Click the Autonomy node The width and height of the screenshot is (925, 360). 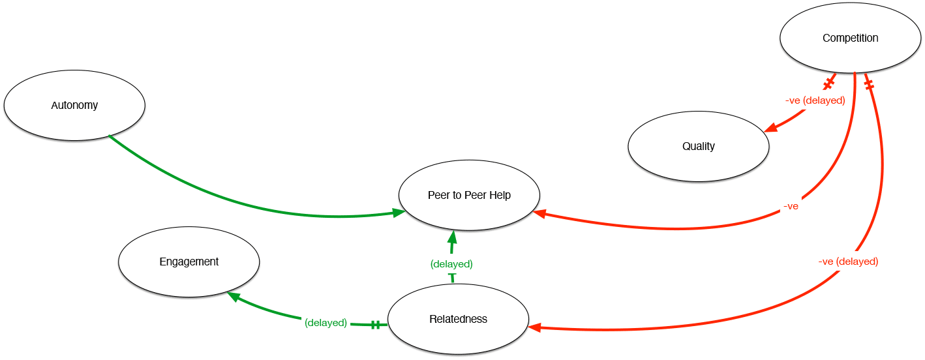pos(74,105)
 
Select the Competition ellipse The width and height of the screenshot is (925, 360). pos(850,38)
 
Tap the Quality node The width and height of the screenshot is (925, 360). pos(698,146)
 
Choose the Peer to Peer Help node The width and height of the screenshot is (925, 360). pos(469,195)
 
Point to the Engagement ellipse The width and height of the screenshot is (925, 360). pos(189,262)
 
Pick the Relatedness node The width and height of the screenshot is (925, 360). pos(458,319)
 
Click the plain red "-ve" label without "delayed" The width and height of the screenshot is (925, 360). pos(791,206)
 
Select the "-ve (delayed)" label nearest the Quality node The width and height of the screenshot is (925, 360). pos(815,100)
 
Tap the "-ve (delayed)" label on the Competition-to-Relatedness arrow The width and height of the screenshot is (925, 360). pos(848,262)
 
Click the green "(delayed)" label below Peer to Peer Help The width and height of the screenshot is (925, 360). pos(451,264)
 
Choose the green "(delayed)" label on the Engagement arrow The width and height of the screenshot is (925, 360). pos(326,323)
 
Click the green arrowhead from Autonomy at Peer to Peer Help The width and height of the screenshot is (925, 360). pos(397,212)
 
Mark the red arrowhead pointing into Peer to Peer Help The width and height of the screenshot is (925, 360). pos(540,213)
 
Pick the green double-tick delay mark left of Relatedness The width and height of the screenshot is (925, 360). pos(375,324)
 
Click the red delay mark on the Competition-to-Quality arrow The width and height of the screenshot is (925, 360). pos(828,83)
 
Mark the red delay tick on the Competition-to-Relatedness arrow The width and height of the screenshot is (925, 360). pos(869,84)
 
